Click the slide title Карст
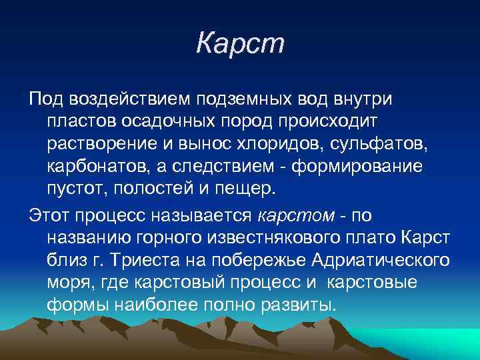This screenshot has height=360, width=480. [240, 44]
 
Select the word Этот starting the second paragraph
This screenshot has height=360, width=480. [51, 216]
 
